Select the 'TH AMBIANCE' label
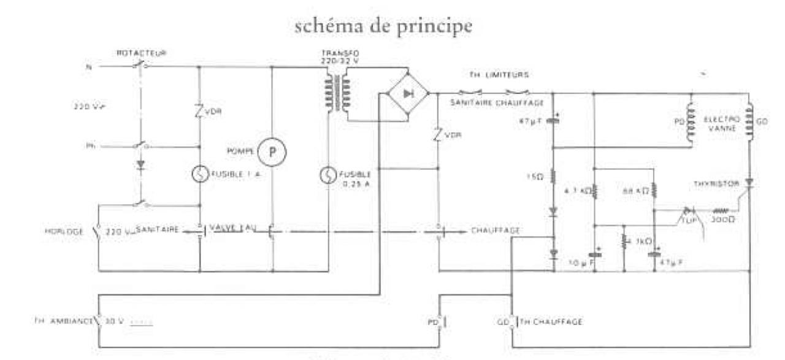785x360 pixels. click(x=61, y=321)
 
